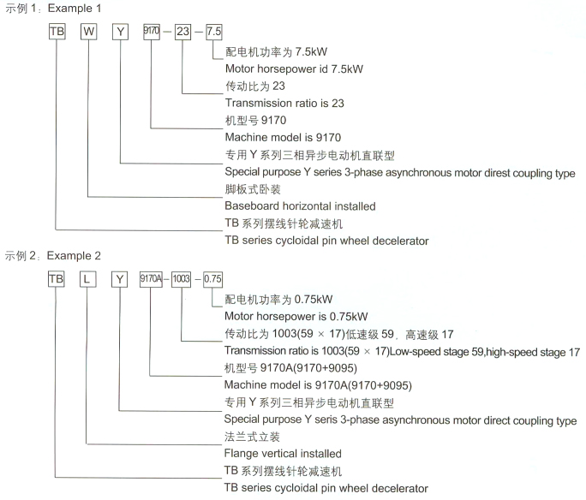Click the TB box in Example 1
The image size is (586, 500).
(57, 32)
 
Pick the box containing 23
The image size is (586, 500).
(182, 32)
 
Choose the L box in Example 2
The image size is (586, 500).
(89, 279)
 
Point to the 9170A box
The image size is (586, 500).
(151, 279)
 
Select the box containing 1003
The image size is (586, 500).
(182, 279)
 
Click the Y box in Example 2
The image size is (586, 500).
(121, 279)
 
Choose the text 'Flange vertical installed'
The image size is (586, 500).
(283, 454)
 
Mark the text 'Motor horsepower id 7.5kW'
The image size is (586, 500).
(292, 68)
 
